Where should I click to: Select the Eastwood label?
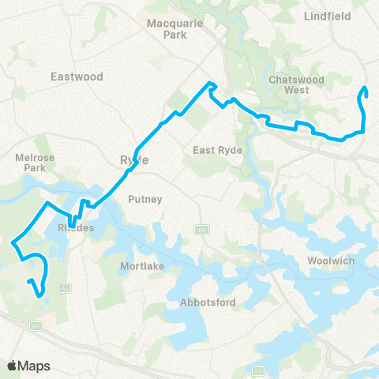(x=77, y=77)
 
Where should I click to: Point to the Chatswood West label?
(x=292, y=84)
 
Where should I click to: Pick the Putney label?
(x=144, y=199)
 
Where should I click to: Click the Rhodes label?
(x=77, y=228)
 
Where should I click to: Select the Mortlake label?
(x=142, y=266)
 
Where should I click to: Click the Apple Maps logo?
(x=28, y=366)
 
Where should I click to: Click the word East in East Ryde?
(x=205, y=149)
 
